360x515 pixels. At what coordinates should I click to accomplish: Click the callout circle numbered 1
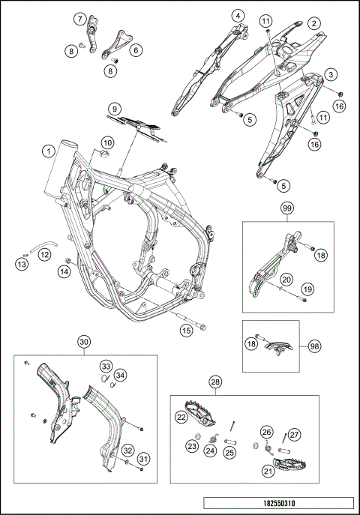click(49, 151)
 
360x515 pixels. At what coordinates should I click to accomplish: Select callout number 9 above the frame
click(114, 109)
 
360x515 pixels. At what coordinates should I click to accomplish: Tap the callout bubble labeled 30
click(85, 342)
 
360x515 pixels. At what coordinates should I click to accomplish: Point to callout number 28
click(216, 382)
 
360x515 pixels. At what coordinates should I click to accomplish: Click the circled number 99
click(288, 208)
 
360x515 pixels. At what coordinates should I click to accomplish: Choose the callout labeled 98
click(314, 346)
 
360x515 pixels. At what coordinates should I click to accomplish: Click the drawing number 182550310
click(279, 503)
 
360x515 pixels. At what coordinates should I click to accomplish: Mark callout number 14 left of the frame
click(64, 271)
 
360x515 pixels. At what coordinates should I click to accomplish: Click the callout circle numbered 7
click(79, 19)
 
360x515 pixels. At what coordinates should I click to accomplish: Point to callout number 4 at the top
click(238, 16)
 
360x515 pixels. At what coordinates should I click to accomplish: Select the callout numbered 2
click(314, 23)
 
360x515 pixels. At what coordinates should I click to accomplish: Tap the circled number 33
click(106, 367)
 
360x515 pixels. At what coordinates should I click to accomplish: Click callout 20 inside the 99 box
click(286, 280)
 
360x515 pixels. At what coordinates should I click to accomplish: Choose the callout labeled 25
click(229, 453)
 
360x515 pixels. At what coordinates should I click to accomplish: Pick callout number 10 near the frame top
click(107, 143)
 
